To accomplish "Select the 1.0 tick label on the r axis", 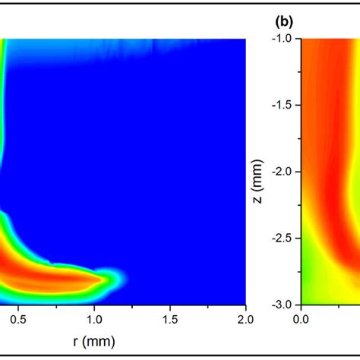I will pyautogui.click(x=94, y=318).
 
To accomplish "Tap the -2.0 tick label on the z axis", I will pyautogui.click(x=282, y=172).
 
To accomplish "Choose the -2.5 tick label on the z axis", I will pyautogui.click(x=282, y=238).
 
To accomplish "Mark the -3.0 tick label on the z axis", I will pyautogui.click(x=282, y=304).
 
